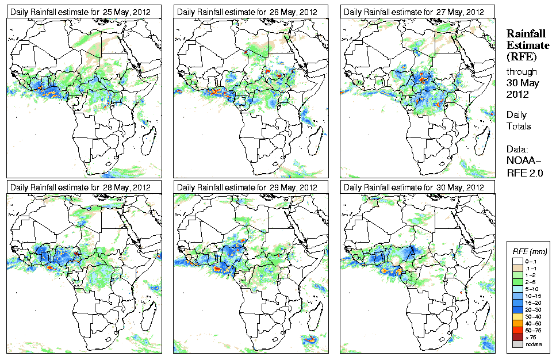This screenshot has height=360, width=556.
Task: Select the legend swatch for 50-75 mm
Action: tap(517, 330)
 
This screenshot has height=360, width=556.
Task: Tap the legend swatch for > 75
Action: tap(517, 337)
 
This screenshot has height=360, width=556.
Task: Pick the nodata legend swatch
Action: tap(517, 344)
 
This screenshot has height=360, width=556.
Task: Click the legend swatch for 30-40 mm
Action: tap(517, 317)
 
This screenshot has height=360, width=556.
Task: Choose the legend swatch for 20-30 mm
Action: tap(517, 310)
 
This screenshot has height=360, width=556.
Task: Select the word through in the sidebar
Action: tap(521, 72)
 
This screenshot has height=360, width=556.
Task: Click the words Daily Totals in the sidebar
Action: tap(519, 120)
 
